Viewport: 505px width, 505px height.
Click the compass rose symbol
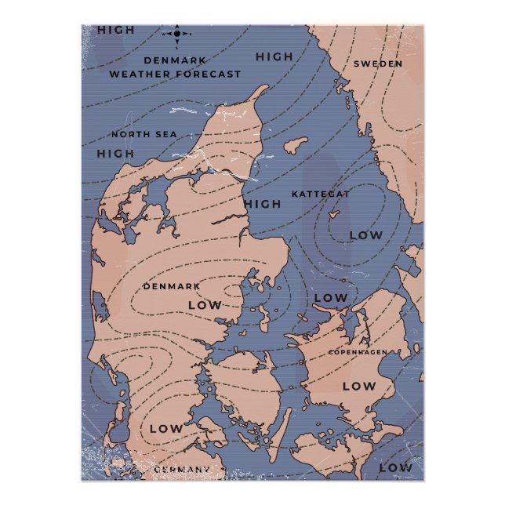point(178,34)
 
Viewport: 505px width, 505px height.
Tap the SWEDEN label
point(377,64)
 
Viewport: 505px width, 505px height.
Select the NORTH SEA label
point(144,134)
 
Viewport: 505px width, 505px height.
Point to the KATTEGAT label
point(320,193)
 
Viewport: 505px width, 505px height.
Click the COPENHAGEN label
point(357,352)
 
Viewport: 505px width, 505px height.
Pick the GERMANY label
point(182,469)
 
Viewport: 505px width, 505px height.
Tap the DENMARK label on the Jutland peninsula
point(171,286)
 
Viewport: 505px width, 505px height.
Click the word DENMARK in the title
point(175,60)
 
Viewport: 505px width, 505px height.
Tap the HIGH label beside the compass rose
point(116,30)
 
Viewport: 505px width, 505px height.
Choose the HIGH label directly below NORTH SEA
point(116,152)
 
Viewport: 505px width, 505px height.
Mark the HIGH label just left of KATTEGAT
point(262,204)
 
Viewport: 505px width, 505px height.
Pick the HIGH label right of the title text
point(274,56)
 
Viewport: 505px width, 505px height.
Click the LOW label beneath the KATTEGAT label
point(365,234)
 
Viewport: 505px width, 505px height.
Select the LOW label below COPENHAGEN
point(359,385)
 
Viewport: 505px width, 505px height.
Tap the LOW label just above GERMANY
point(165,428)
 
